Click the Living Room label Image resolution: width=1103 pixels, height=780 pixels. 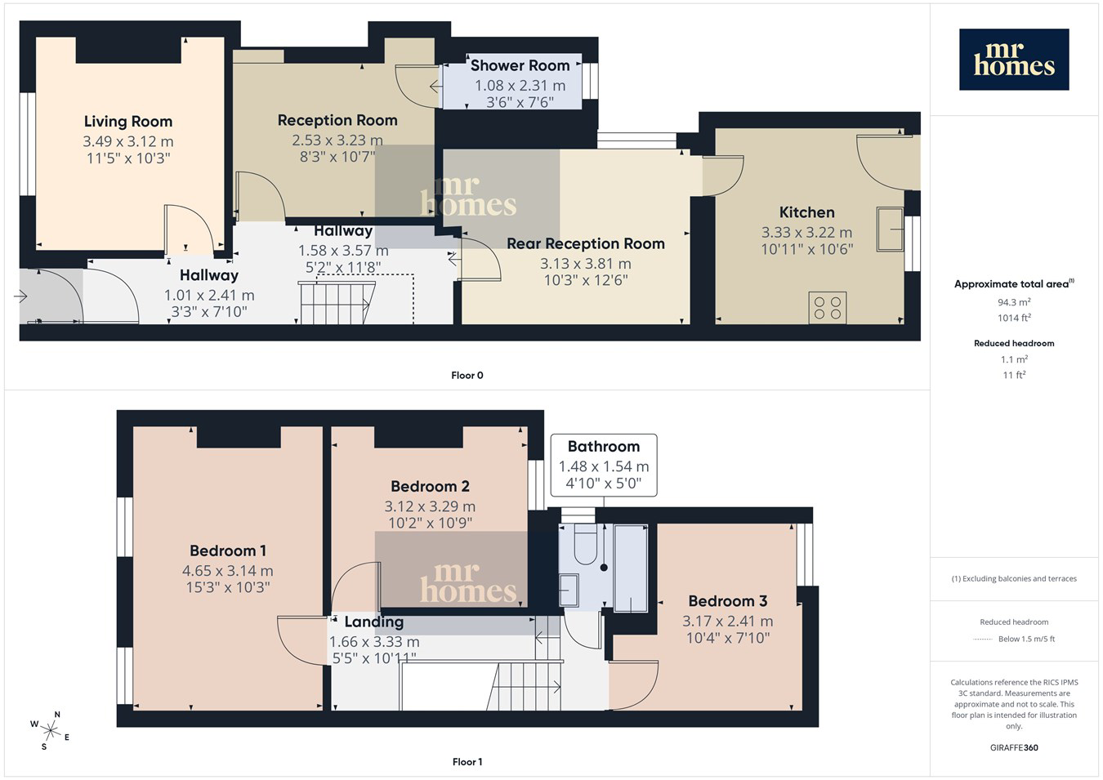[x=128, y=122]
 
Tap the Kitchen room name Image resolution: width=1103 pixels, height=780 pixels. [x=806, y=212]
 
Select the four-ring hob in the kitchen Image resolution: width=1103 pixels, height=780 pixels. [x=827, y=308]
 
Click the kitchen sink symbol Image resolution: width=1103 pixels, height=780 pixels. [x=890, y=230]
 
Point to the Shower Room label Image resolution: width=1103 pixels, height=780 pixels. [x=520, y=65]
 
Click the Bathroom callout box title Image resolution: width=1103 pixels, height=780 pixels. [x=604, y=446]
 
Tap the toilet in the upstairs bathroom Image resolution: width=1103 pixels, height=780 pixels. [x=586, y=544]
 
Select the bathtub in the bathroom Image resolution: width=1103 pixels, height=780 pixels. [x=631, y=568]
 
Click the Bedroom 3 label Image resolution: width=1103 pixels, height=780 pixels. [x=728, y=601]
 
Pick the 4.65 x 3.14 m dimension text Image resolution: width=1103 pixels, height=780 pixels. [x=227, y=571]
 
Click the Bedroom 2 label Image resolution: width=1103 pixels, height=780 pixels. [x=430, y=486]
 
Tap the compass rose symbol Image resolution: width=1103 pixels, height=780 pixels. [x=50, y=731]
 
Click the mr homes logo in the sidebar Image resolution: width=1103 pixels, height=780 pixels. [x=1014, y=60]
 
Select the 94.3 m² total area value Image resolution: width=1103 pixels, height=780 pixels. [x=1014, y=302]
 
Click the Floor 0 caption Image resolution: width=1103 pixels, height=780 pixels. [x=467, y=376]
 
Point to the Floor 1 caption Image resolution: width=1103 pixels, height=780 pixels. [x=467, y=762]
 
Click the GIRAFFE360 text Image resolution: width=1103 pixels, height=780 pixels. [x=1014, y=747]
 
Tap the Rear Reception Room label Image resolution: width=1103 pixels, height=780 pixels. [x=586, y=243]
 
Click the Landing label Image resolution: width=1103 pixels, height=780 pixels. [x=373, y=622]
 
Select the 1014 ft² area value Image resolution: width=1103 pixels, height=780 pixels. [x=1014, y=318]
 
